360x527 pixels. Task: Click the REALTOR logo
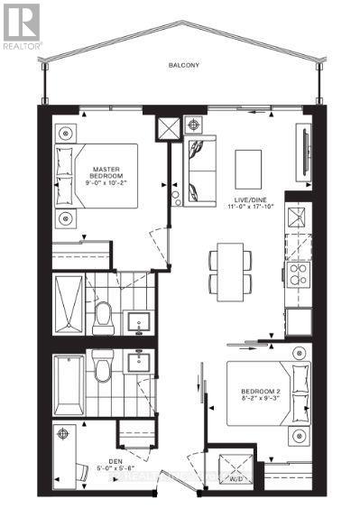(x=21, y=24)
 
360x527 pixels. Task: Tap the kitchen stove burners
(x=297, y=271)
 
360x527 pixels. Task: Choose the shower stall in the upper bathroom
(x=69, y=306)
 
